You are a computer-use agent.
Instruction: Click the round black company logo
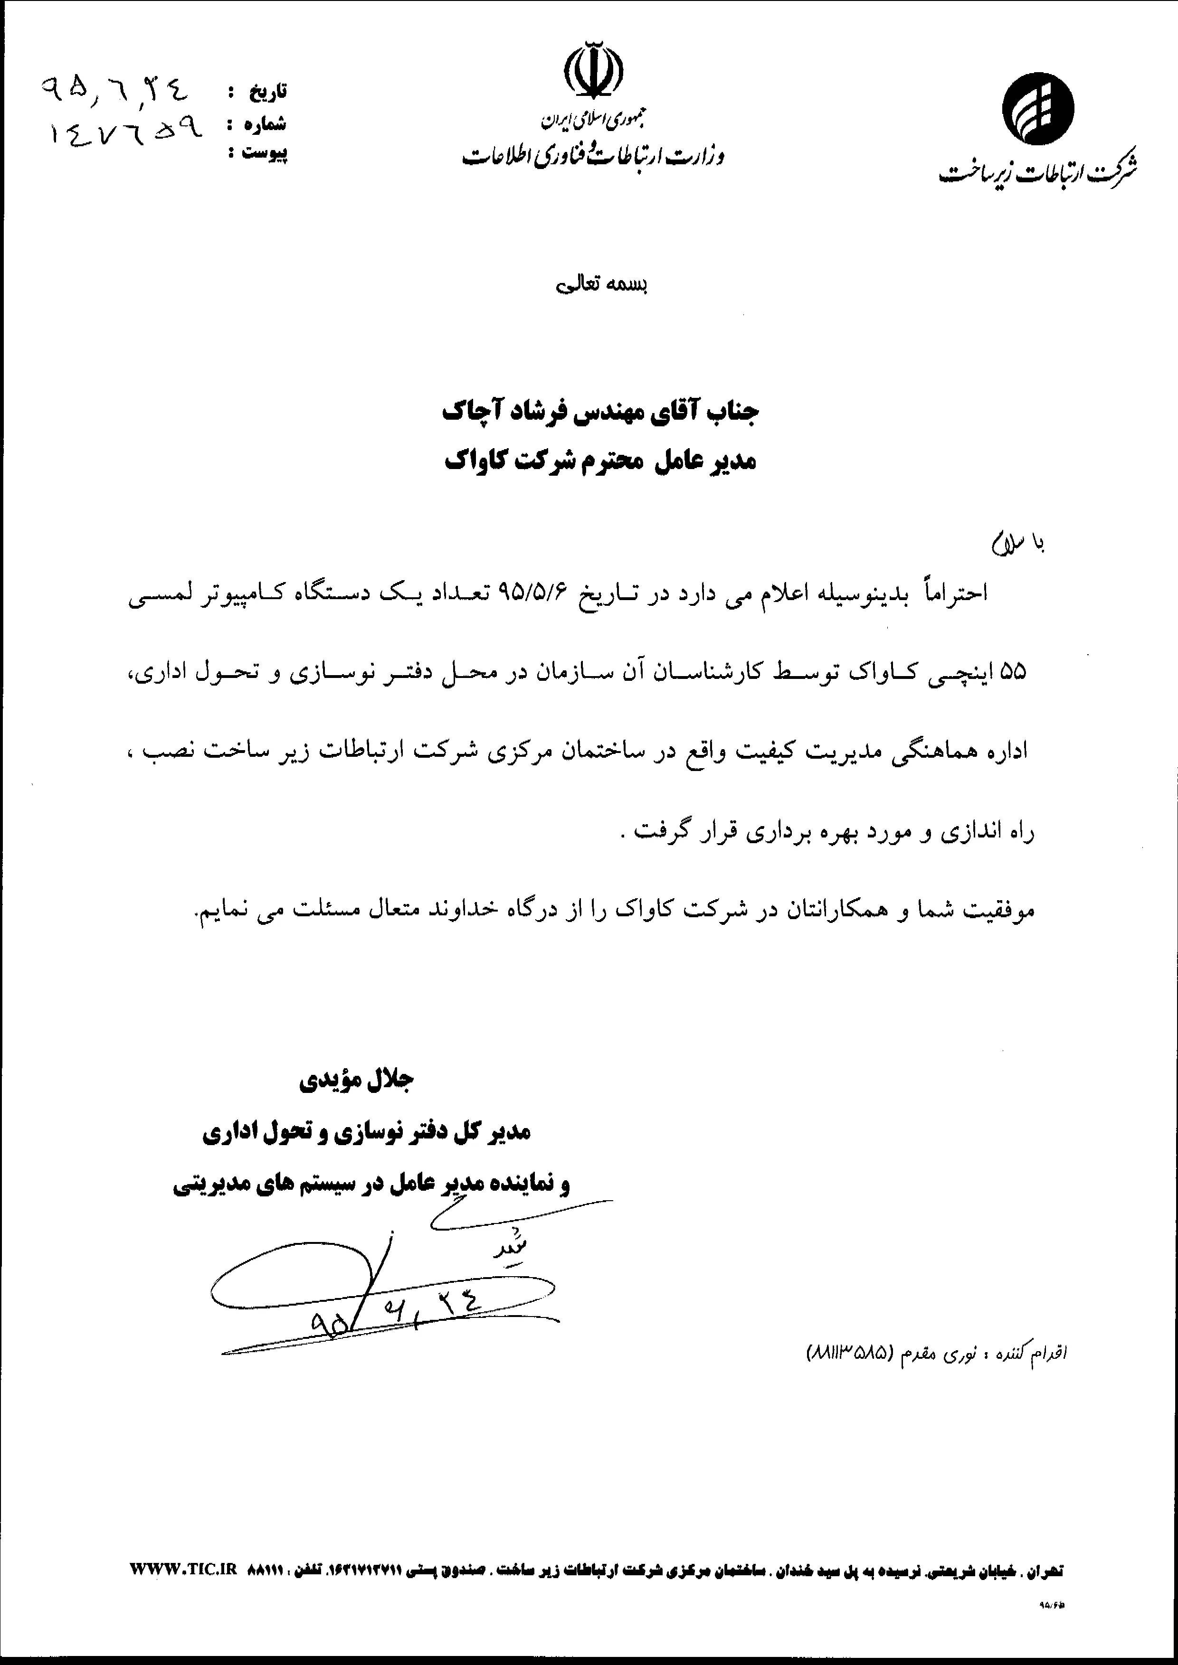point(1038,109)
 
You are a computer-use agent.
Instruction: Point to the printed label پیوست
point(264,153)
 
